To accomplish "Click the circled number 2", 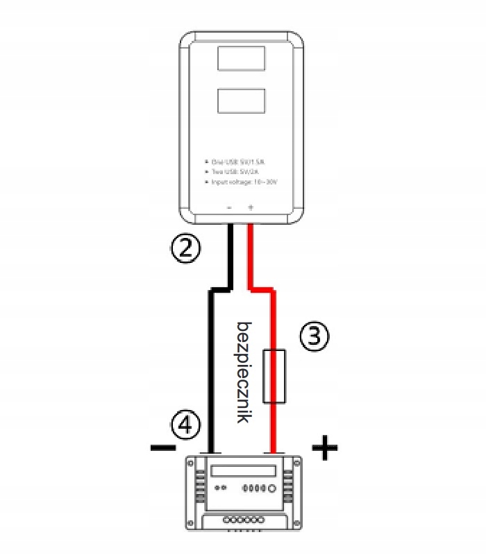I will point(185,248).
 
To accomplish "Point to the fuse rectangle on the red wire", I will point(274,376).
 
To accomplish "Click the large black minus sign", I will point(162,447).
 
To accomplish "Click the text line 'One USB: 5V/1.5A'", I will point(239,160).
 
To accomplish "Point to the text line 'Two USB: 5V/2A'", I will point(237,171).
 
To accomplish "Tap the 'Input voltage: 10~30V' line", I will point(243,181).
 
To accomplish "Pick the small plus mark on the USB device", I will point(251,207).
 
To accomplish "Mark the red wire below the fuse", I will point(274,427).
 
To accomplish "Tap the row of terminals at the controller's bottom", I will point(243,519).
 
